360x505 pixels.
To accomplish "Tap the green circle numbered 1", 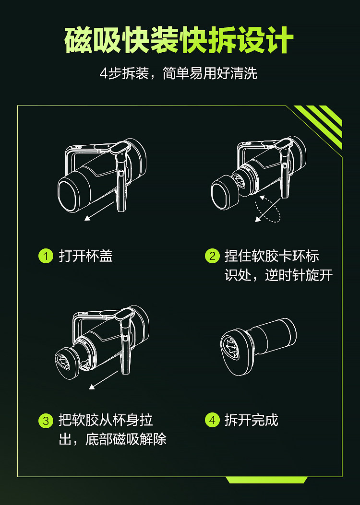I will [x=46, y=256].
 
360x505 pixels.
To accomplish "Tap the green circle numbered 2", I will [x=212, y=256].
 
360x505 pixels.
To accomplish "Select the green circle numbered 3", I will [x=46, y=421].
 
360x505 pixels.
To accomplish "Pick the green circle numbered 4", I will [x=212, y=421].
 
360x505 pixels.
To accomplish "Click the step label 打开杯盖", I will [x=85, y=256].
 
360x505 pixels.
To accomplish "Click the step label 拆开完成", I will [x=251, y=421].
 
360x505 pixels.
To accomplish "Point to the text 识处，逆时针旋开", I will [x=278, y=276].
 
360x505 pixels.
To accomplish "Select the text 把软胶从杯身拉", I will [x=106, y=421].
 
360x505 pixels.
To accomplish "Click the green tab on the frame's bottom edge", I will [x=266, y=480].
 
